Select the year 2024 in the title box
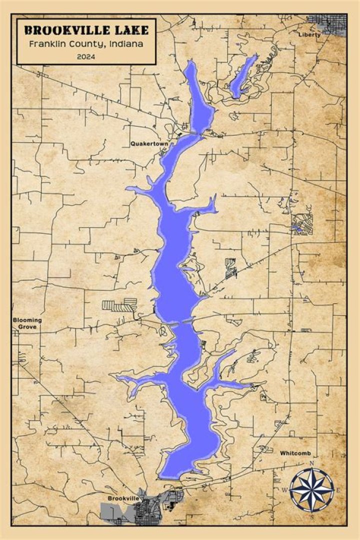click(x=86, y=56)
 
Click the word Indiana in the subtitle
click(x=125, y=44)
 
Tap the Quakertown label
click(x=149, y=143)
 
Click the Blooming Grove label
click(x=27, y=323)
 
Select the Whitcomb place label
click(x=295, y=453)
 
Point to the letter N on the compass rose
click(x=312, y=463)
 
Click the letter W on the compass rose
click(x=285, y=490)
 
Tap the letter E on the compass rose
click(x=338, y=490)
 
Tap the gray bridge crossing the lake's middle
click(x=181, y=321)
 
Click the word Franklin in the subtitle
click(x=48, y=44)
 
